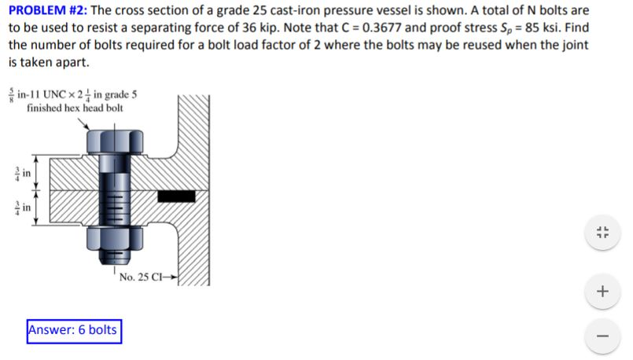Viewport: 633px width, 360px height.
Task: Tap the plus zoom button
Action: tap(602, 292)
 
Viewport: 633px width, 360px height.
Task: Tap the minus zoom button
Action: tap(602, 336)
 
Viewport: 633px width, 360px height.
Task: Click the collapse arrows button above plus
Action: tap(602, 232)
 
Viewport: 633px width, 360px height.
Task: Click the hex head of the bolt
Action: tap(109, 142)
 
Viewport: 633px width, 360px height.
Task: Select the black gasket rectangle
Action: tap(175, 196)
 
